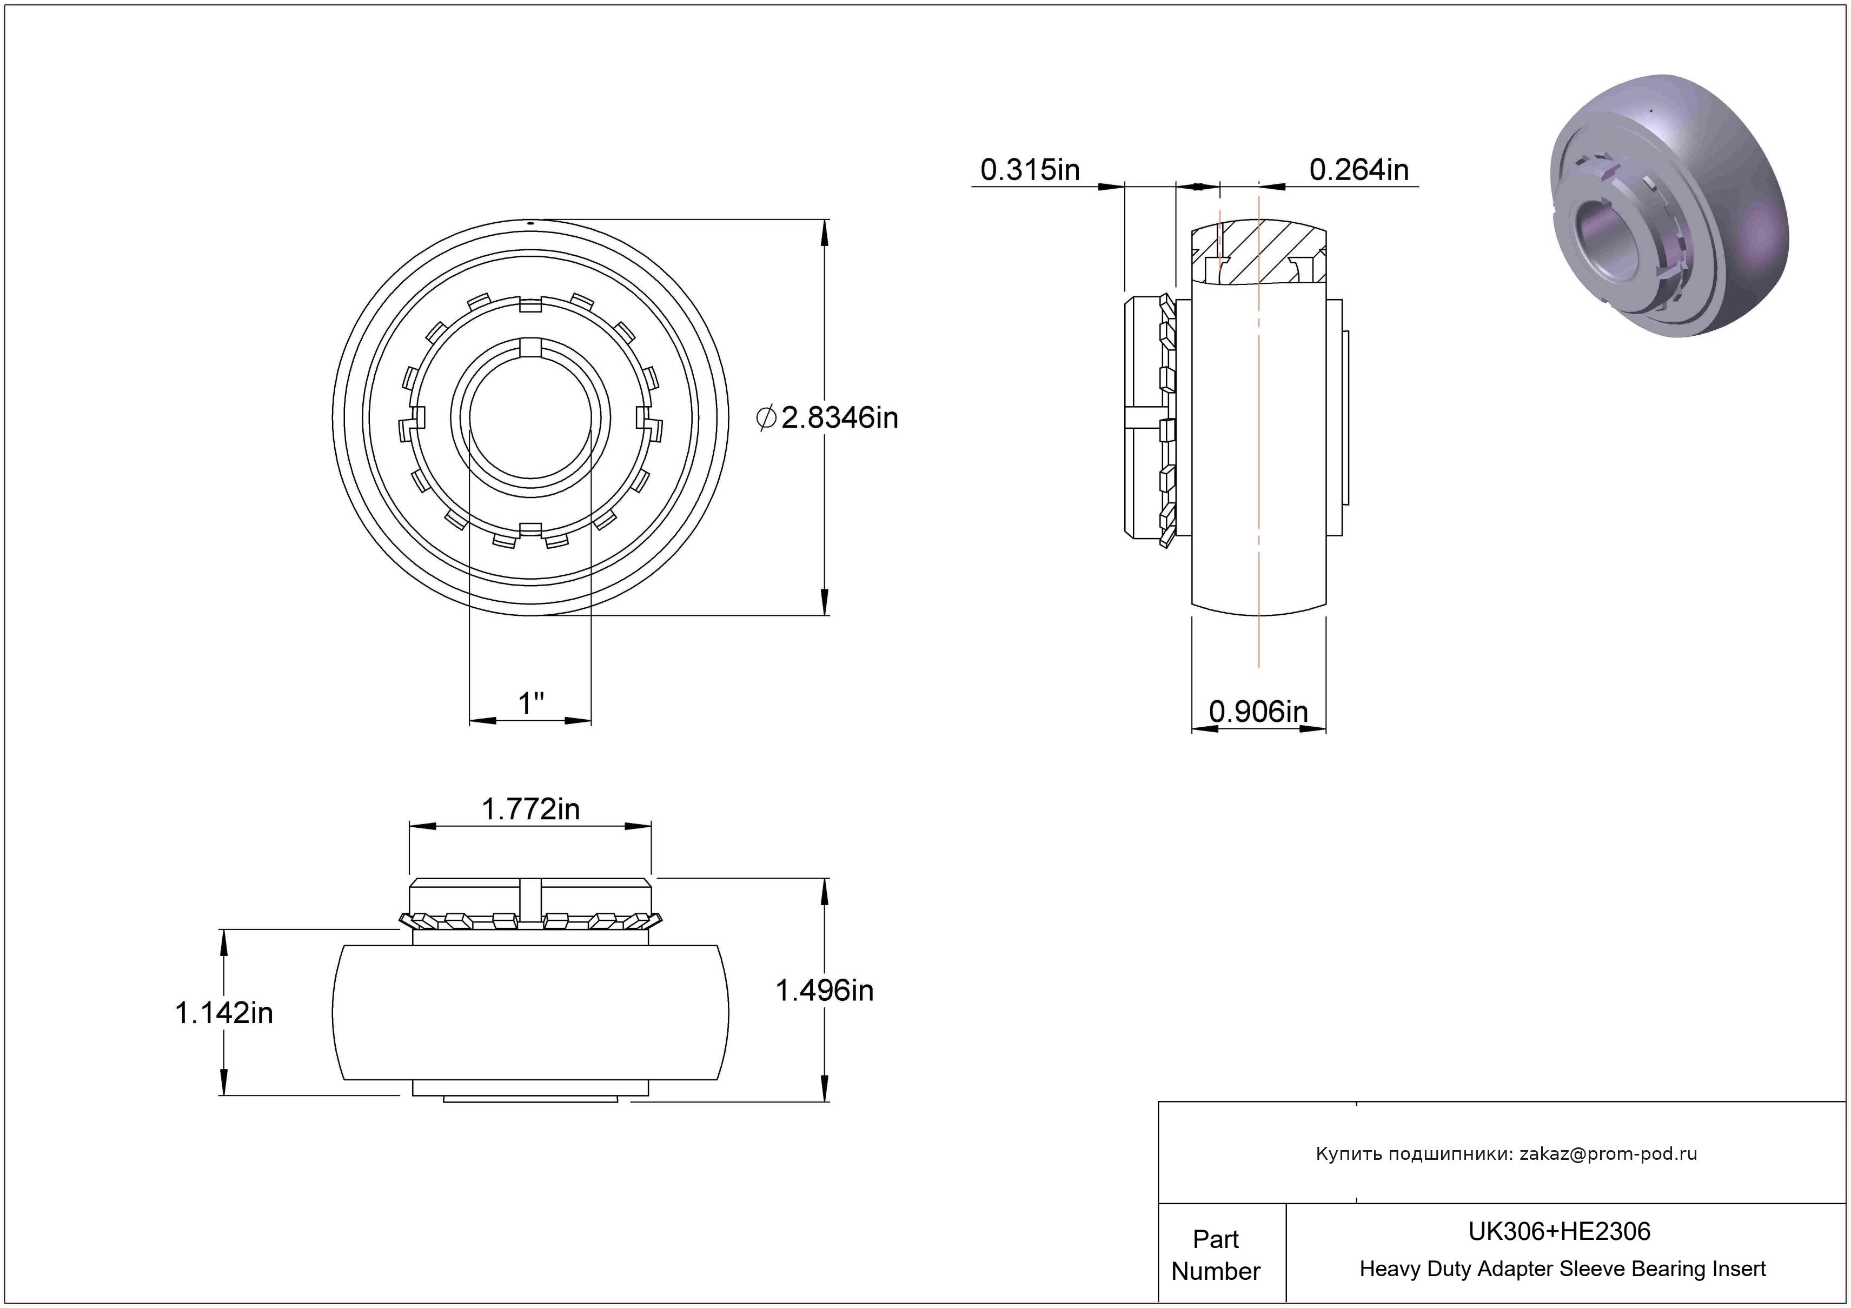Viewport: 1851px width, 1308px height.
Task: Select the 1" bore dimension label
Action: tap(531, 703)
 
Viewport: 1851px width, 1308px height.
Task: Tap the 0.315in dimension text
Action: tap(1030, 169)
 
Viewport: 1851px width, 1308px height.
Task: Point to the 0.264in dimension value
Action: tap(1359, 169)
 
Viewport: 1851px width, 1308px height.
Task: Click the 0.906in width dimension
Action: tap(1258, 711)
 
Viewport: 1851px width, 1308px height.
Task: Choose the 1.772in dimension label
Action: tap(530, 808)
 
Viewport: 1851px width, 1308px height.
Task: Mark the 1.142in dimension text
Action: tap(224, 1013)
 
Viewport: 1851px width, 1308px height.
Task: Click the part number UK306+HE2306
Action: tap(1559, 1231)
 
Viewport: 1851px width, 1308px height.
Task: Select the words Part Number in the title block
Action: tap(1216, 1255)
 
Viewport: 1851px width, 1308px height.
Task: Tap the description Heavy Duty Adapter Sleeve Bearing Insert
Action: tap(1562, 1269)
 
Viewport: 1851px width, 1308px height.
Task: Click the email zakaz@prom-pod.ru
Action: tap(1608, 1154)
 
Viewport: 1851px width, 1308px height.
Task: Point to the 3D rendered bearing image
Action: tap(1669, 205)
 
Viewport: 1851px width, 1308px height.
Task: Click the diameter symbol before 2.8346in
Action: tap(766, 417)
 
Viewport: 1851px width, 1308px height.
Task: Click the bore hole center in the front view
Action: tap(530, 417)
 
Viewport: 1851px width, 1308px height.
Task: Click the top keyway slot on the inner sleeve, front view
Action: tap(530, 347)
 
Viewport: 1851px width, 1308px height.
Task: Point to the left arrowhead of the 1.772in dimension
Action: tap(422, 826)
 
